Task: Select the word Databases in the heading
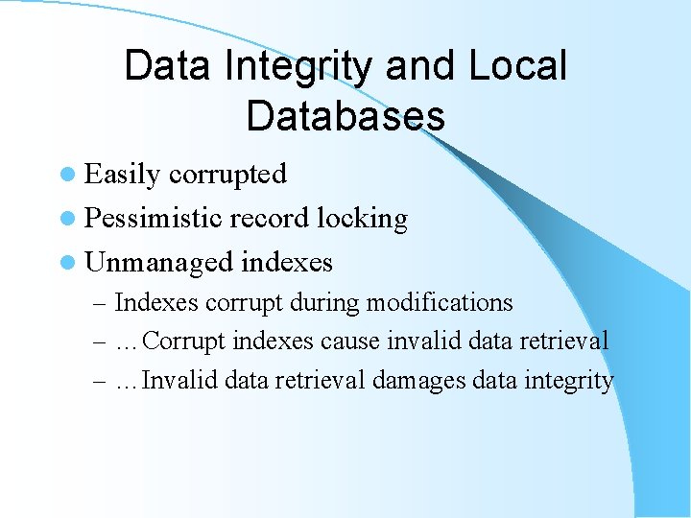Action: (345, 115)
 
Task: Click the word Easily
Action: (123, 175)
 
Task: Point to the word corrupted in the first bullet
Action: (227, 175)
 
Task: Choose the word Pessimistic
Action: (154, 219)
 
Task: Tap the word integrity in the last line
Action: (568, 381)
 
